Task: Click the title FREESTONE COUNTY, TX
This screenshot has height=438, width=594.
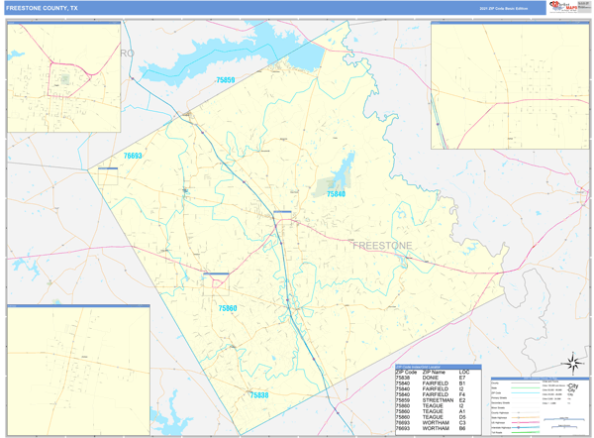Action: (42, 7)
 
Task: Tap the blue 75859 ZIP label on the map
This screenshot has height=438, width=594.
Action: (226, 79)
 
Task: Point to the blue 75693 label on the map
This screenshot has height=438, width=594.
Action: (133, 156)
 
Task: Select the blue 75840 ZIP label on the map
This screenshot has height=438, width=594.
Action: (337, 194)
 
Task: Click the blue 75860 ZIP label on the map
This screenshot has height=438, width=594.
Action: (228, 308)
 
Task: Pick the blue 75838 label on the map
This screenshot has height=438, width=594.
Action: (258, 394)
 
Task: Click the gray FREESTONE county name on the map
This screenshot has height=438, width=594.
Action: (383, 245)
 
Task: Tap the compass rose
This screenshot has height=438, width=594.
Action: (571, 363)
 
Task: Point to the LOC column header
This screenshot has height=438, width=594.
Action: (463, 372)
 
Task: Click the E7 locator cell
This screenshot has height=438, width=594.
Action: (462, 378)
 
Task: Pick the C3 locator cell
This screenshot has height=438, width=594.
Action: (462, 422)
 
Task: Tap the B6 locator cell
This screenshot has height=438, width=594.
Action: (462, 428)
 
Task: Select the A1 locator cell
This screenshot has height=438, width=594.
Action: (462, 411)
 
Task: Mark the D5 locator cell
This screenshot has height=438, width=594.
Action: (462, 416)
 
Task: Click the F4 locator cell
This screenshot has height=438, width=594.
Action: (462, 394)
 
